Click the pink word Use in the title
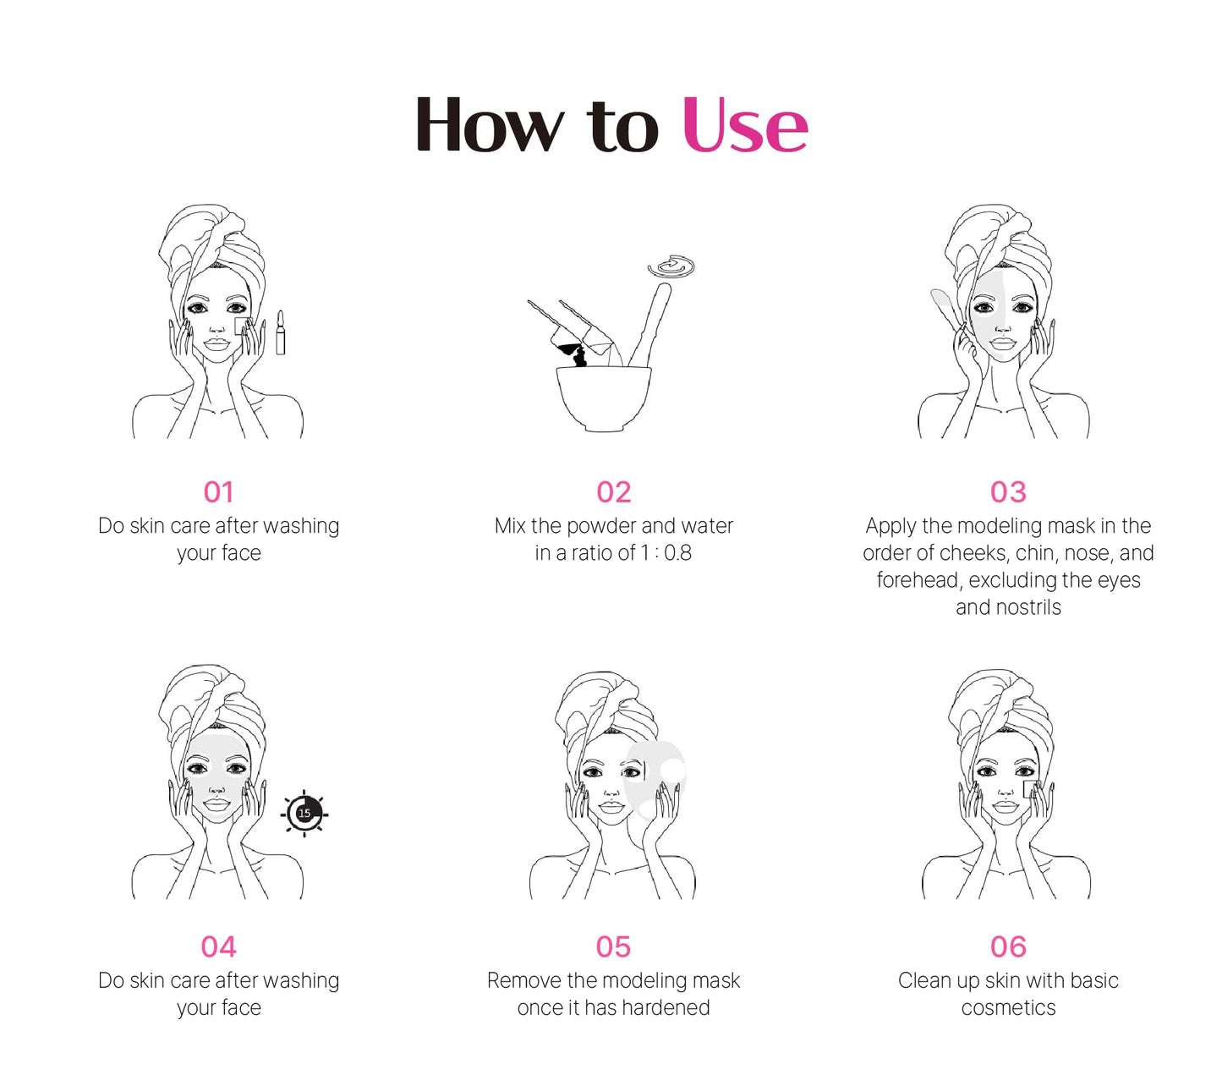[744, 124]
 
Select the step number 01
[218, 492]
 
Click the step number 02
[613, 492]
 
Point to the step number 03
[1008, 492]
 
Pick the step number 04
[218, 947]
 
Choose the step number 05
[613, 947]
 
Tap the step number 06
[1008, 947]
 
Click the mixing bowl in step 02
[603, 398]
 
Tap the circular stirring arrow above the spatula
[671, 266]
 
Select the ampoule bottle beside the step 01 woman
[280, 332]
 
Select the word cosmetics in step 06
[1008, 1008]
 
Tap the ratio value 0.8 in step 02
[677, 553]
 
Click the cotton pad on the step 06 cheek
[1030, 789]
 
